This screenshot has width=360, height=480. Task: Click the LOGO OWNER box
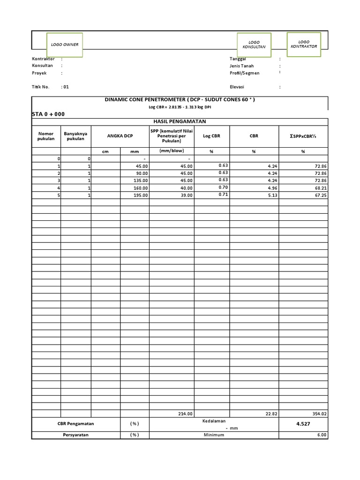point(65,45)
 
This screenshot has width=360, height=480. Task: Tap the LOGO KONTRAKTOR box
point(304,44)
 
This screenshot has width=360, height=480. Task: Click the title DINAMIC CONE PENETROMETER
point(180,100)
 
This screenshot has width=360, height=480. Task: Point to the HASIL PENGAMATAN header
point(180,121)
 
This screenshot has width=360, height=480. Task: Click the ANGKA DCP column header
point(120,136)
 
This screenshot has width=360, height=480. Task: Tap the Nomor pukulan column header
point(46,136)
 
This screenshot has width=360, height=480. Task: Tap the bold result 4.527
point(303,424)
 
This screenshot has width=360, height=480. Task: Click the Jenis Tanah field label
point(241,66)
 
